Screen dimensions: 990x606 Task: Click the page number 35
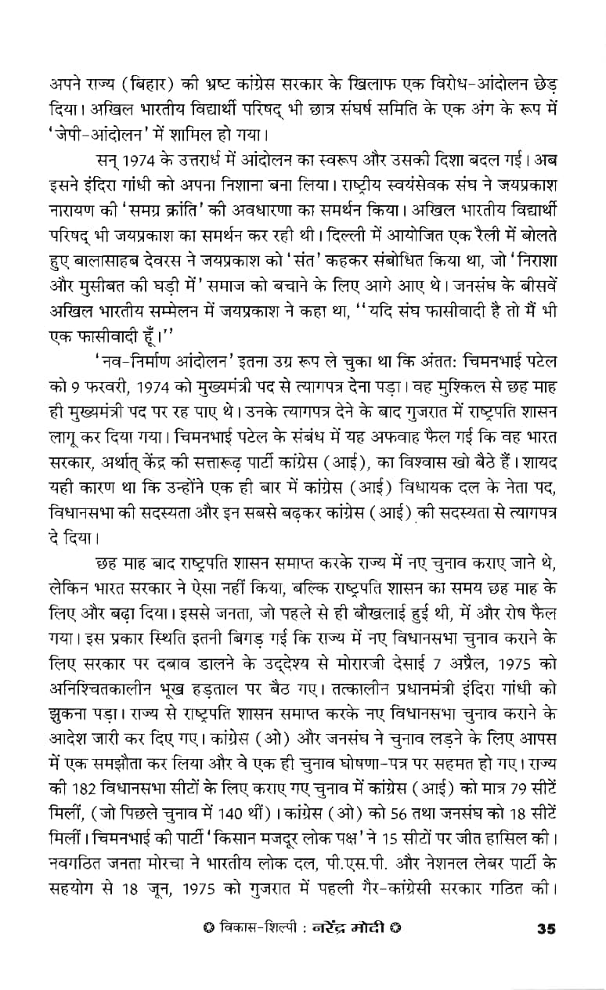pyautogui.click(x=546, y=951)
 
